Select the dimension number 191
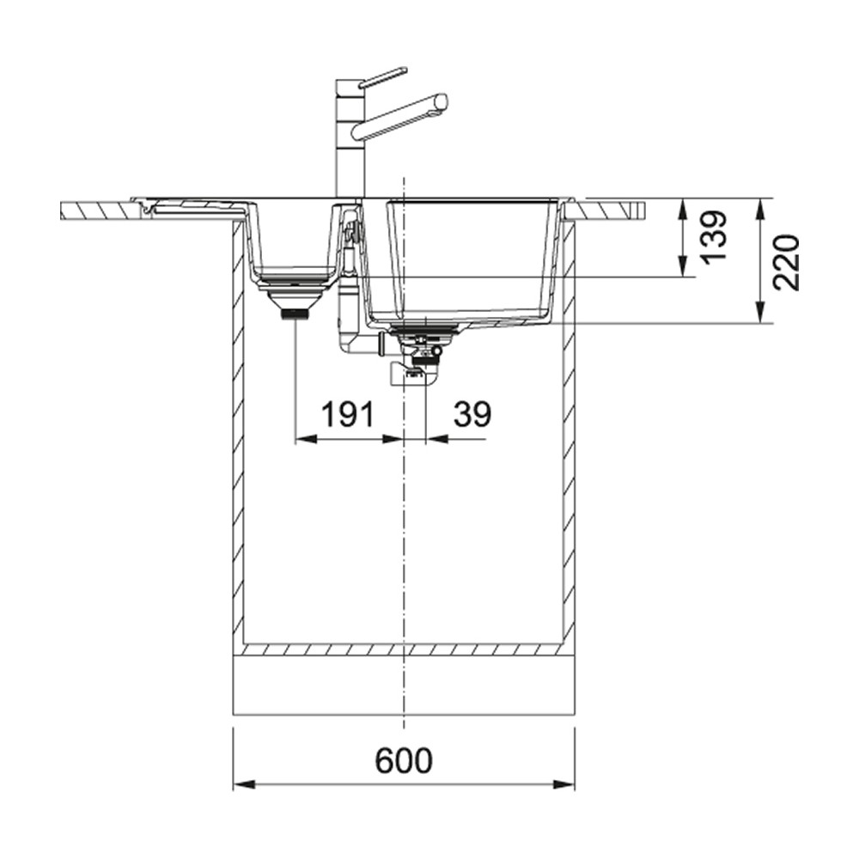(x=348, y=415)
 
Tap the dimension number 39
(x=472, y=415)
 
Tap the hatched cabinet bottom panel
(x=404, y=650)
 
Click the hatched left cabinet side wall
(x=238, y=429)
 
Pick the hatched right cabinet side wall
(x=569, y=429)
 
